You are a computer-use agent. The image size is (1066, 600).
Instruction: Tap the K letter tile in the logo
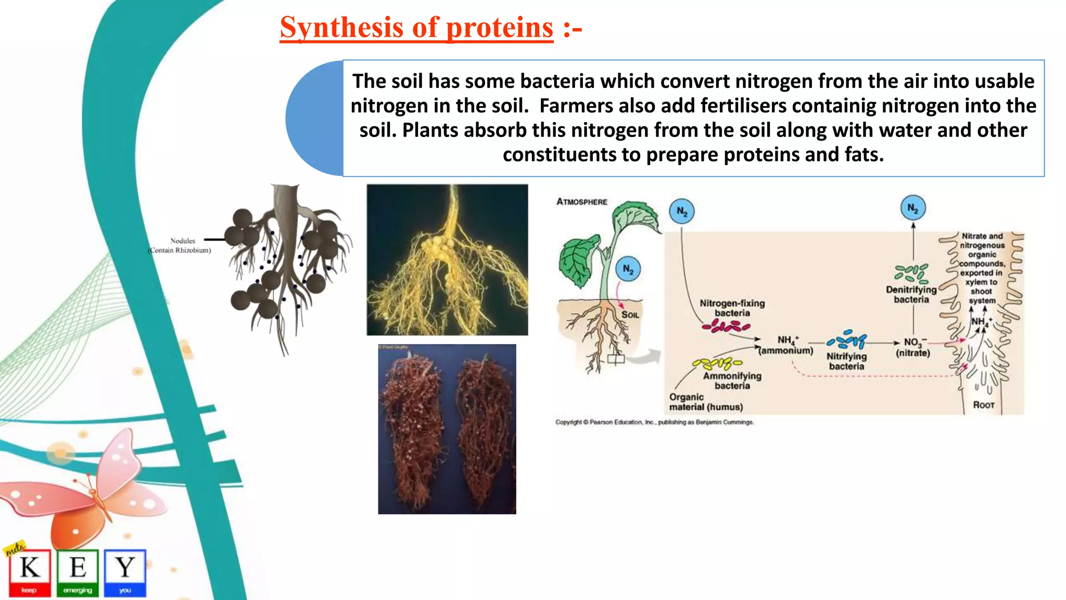pyautogui.click(x=30, y=572)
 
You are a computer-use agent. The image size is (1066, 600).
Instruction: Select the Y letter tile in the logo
pyautogui.click(x=125, y=572)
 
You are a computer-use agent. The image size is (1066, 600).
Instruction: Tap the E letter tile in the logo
pyautogui.click(x=78, y=572)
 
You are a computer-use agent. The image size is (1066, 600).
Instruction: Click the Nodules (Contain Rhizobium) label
pyautogui.click(x=180, y=245)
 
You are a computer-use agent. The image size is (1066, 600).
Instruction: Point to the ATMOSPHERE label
pyautogui.click(x=581, y=202)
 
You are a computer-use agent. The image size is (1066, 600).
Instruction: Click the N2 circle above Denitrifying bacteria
pyautogui.click(x=913, y=208)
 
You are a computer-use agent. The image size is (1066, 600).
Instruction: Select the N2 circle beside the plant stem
pyautogui.click(x=628, y=269)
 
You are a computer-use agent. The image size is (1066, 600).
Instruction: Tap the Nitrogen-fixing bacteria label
pyautogui.click(x=732, y=308)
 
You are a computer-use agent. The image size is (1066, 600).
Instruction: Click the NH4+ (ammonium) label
pyautogui.click(x=786, y=345)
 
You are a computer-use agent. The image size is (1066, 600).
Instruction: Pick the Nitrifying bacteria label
pyautogui.click(x=846, y=361)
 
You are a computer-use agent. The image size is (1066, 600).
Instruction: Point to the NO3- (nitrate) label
pyautogui.click(x=913, y=347)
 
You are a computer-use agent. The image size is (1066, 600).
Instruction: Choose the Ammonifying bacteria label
pyautogui.click(x=732, y=380)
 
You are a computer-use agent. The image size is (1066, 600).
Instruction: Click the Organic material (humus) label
pyautogui.click(x=705, y=402)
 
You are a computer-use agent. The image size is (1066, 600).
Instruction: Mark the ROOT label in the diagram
pyautogui.click(x=983, y=405)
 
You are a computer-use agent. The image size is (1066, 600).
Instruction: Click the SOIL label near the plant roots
pyautogui.click(x=630, y=315)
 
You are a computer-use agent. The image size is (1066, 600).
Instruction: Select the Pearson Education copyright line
pyautogui.click(x=654, y=422)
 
